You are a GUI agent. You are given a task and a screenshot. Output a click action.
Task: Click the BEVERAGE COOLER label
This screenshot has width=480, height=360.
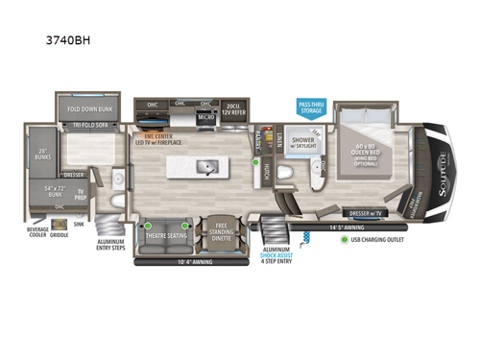pos(39,233)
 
